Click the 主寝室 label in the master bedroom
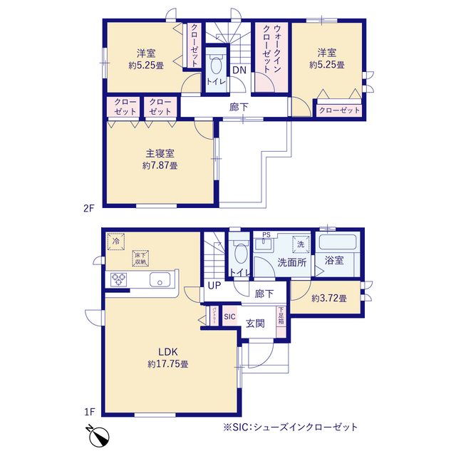pyautogui.click(x=161, y=153)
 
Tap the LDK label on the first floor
pyautogui.click(x=167, y=351)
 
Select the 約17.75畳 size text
pyautogui.click(x=167, y=364)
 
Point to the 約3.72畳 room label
pyautogui.click(x=328, y=298)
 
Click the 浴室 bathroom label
pyautogui.click(x=334, y=261)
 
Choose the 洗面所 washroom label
pyautogui.click(x=292, y=261)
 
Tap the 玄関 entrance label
pyautogui.click(x=256, y=323)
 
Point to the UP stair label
pyautogui.click(x=214, y=286)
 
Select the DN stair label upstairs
pyautogui.click(x=239, y=70)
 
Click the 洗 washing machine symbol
pyautogui.click(x=300, y=244)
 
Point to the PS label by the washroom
pyautogui.click(x=266, y=235)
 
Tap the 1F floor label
pyautogui.click(x=89, y=411)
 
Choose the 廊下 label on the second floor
pyautogui.click(x=239, y=107)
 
